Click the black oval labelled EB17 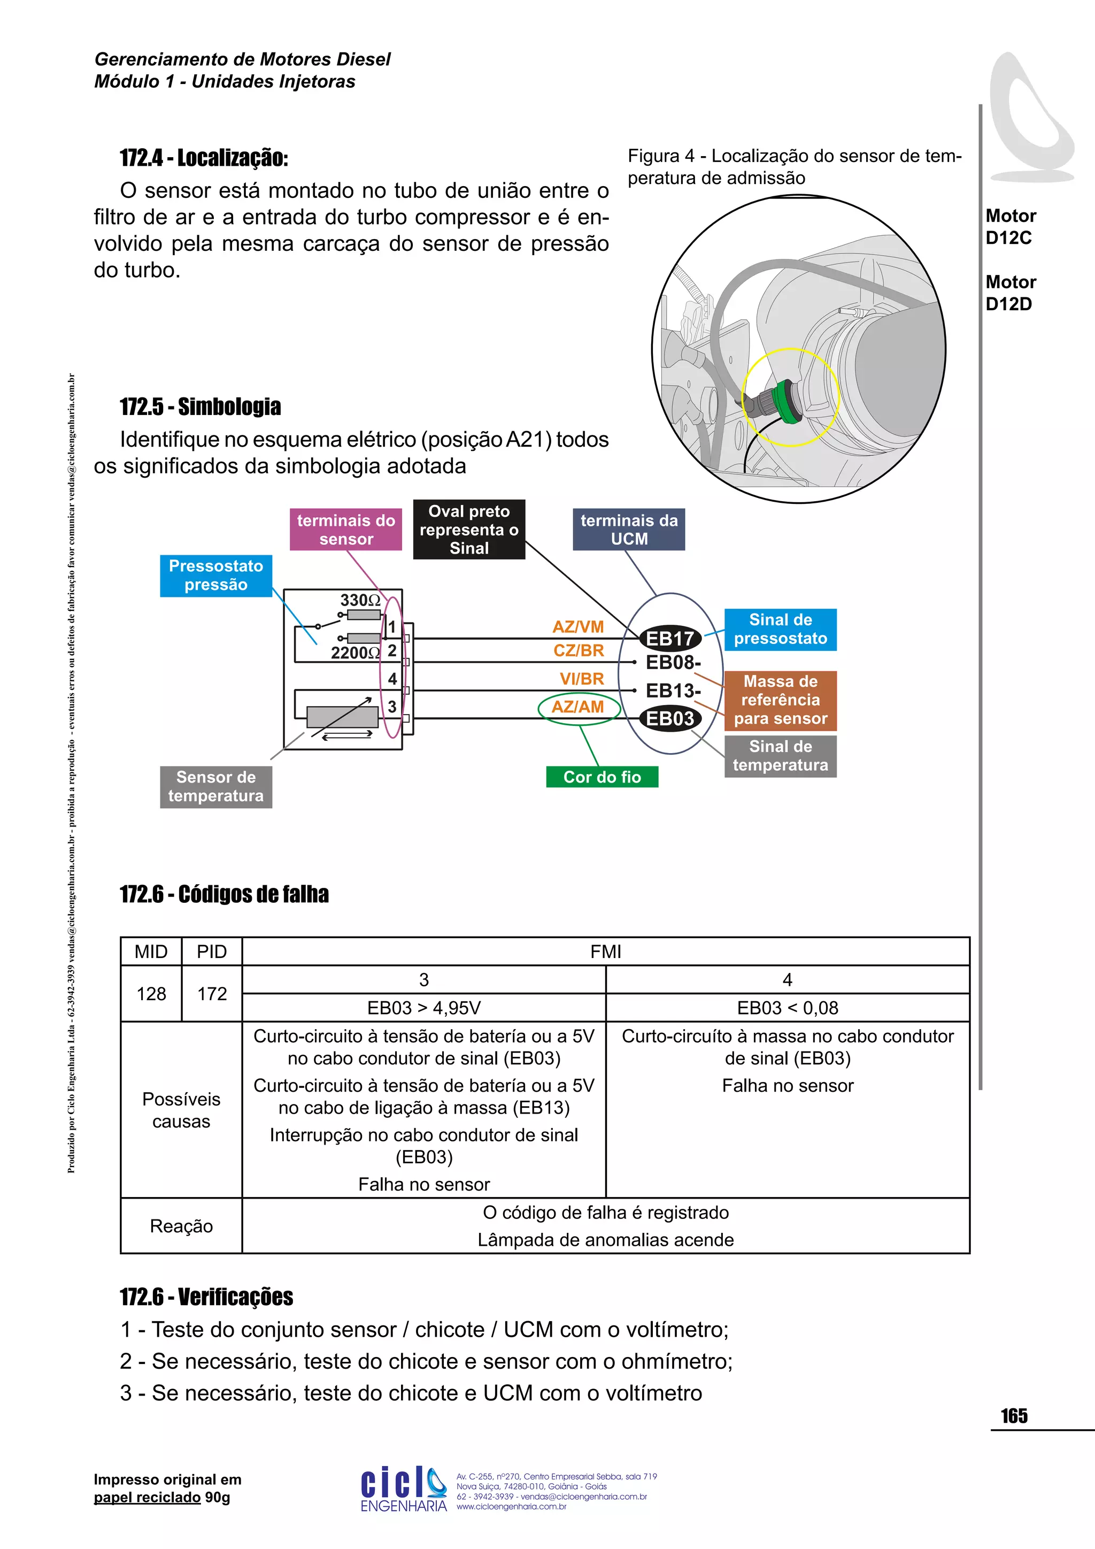[x=669, y=638]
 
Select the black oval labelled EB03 [x=669, y=718]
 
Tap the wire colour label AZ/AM [x=578, y=707]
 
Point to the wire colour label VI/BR [x=581, y=679]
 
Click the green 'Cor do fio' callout [x=602, y=777]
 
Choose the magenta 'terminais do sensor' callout [x=346, y=530]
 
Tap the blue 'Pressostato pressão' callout [x=216, y=576]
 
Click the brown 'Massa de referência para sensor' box [x=780, y=700]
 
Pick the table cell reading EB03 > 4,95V [x=423, y=1008]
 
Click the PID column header [x=212, y=952]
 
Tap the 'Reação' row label [x=181, y=1226]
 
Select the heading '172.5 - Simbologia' [x=201, y=407]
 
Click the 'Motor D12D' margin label [x=1010, y=293]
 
